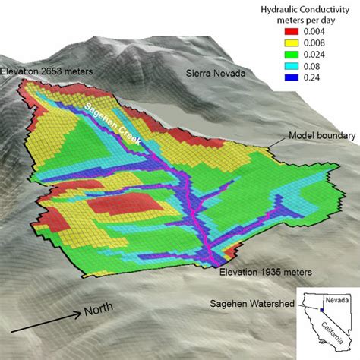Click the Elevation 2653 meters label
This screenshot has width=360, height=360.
47,71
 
